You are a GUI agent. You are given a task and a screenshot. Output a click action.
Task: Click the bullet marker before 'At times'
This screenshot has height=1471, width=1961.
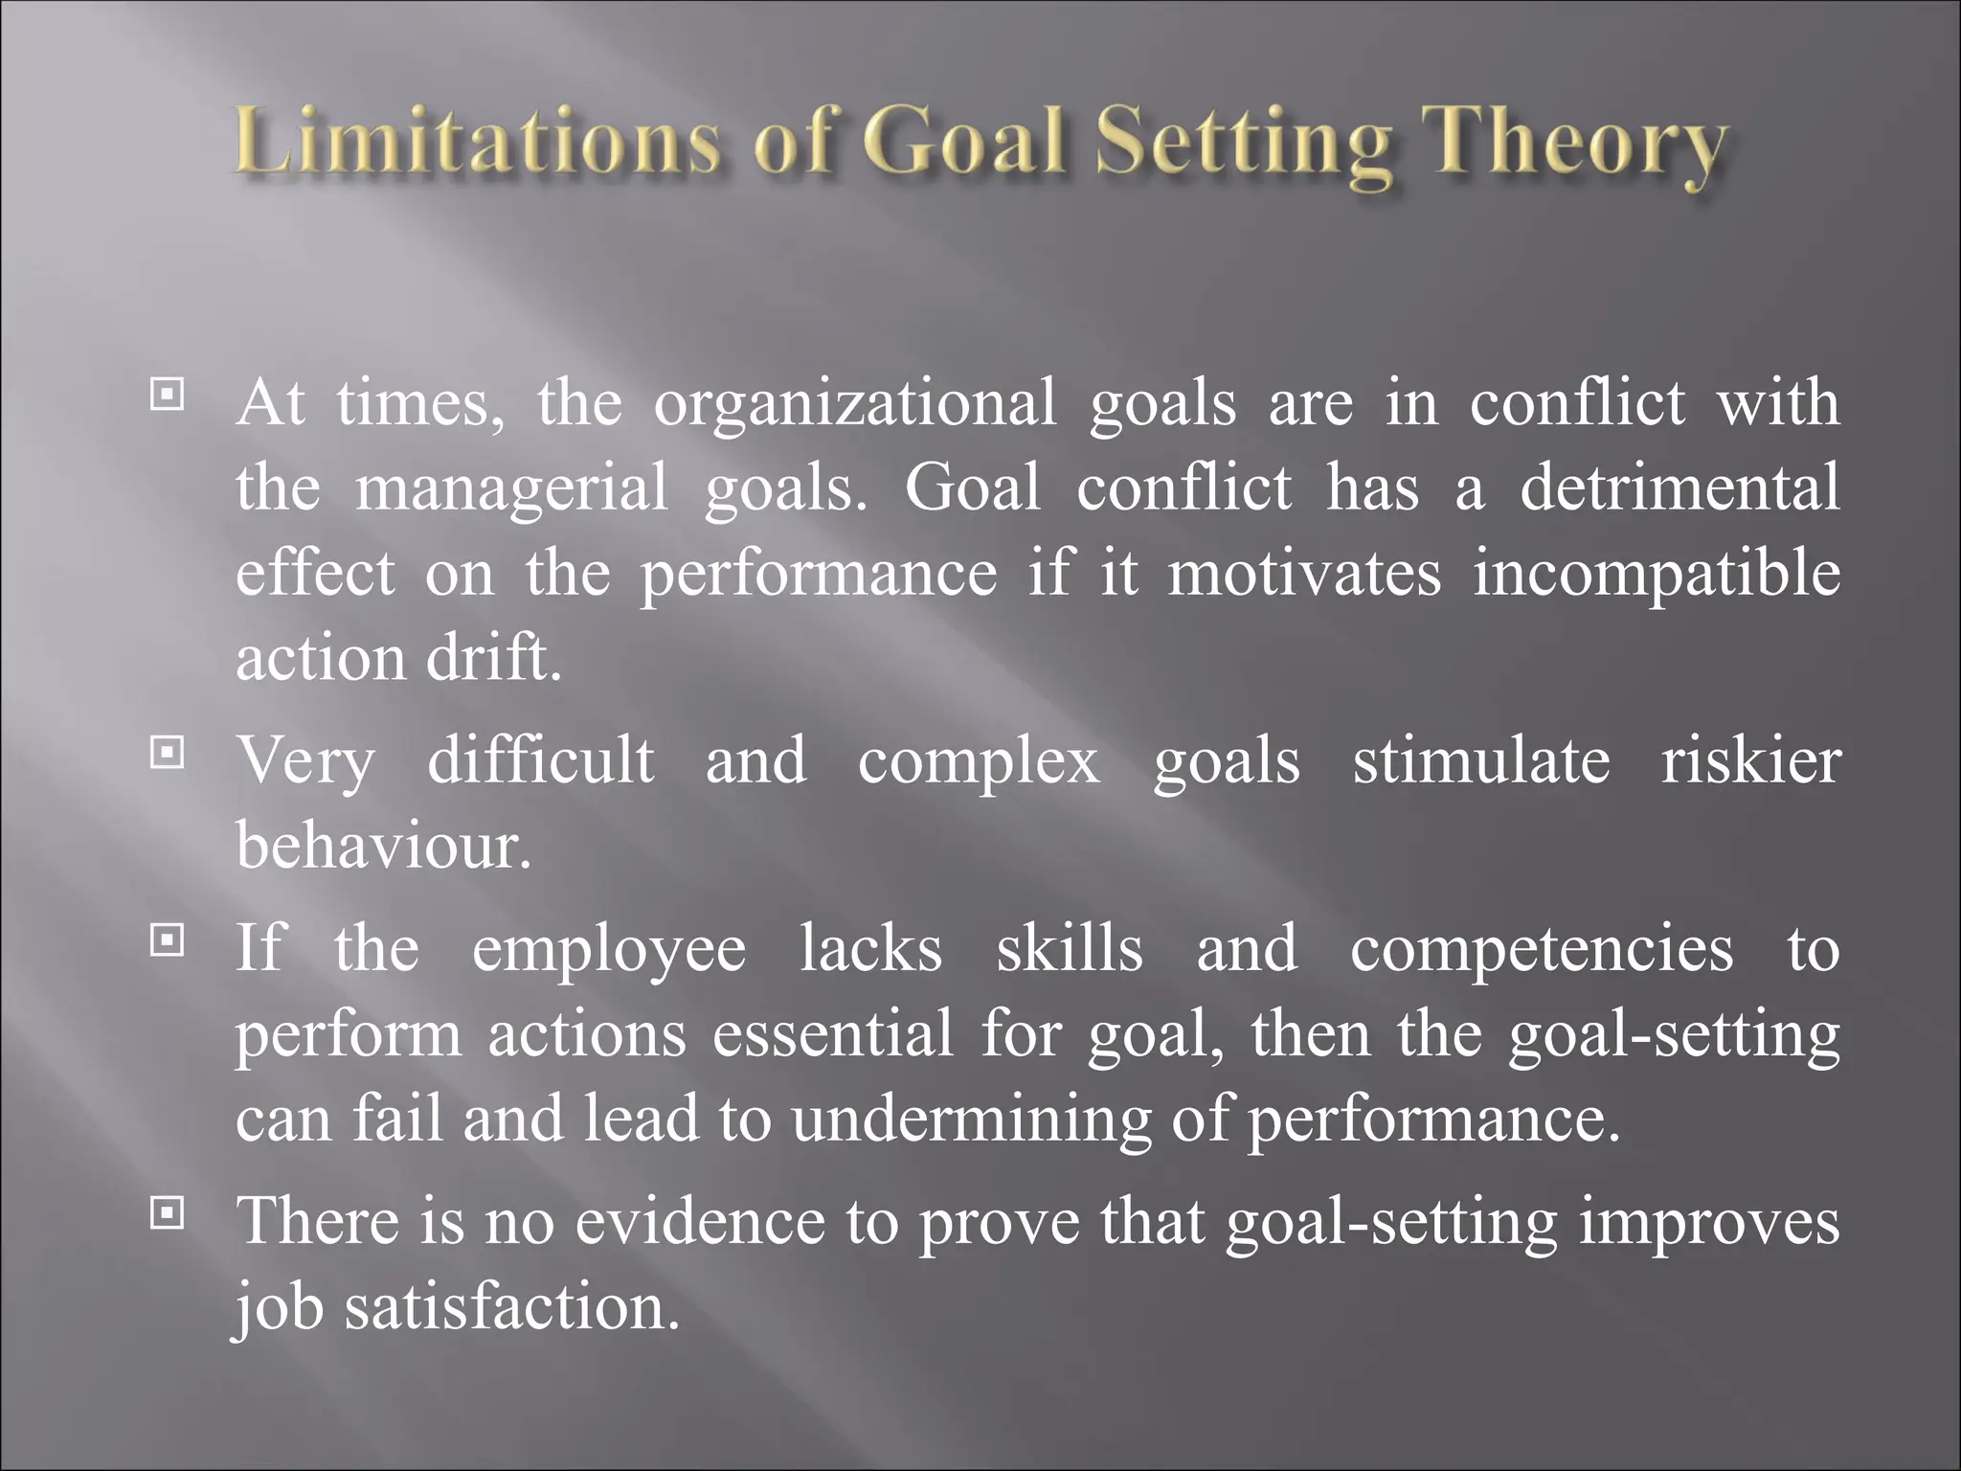(168, 394)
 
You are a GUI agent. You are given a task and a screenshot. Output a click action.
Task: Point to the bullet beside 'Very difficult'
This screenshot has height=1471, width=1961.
(168, 754)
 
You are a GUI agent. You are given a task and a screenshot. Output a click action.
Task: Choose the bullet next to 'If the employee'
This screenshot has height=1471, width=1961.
(168, 941)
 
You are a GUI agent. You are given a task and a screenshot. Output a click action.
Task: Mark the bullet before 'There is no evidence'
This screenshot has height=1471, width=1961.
(168, 1214)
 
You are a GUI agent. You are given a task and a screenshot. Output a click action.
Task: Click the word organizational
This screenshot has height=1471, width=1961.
(855, 404)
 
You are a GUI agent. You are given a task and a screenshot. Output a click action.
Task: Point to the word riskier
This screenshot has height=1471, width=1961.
(1750, 761)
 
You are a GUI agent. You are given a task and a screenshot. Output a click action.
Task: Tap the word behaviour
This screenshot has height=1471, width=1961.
(383, 846)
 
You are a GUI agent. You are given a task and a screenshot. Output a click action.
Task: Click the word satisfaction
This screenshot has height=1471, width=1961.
(512, 1307)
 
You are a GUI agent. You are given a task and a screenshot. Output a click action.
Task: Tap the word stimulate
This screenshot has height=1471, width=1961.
(1480, 761)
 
